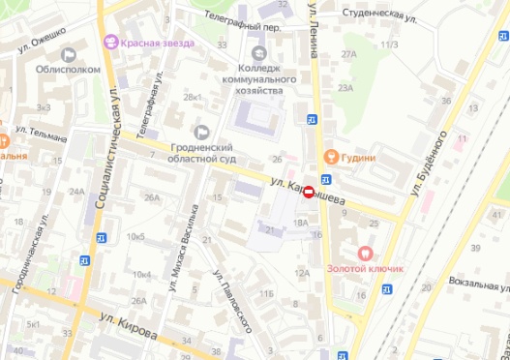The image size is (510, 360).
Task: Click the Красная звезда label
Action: [158, 44]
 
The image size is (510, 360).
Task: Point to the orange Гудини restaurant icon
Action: [329, 156]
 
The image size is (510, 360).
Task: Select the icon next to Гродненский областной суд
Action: [202, 132]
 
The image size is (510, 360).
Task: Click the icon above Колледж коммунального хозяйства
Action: [257, 52]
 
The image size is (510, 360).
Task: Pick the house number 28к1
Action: [193, 98]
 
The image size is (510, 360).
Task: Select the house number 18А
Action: [300, 223]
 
